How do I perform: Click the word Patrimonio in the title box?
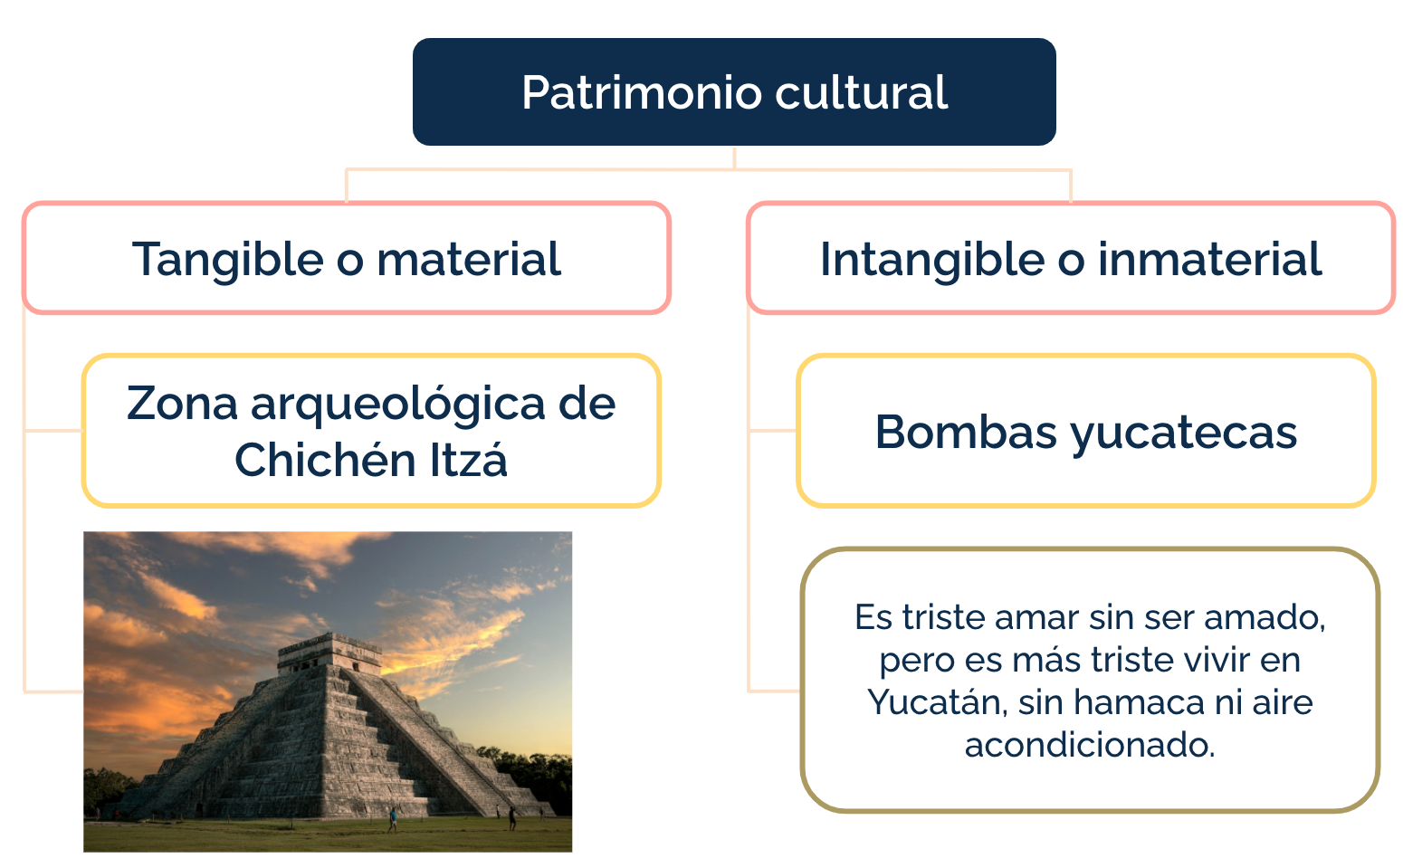tap(642, 92)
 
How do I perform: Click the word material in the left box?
tap(469, 259)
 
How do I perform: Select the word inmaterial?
tap(1210, 259)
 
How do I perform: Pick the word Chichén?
tap(326, 459)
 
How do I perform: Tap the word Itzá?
tap(469, 459)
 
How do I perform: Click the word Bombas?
tap(966, 432)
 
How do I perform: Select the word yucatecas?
tap(1184, 434)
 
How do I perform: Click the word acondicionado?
tap(1090, 745)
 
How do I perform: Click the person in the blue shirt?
tap(393, 820)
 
